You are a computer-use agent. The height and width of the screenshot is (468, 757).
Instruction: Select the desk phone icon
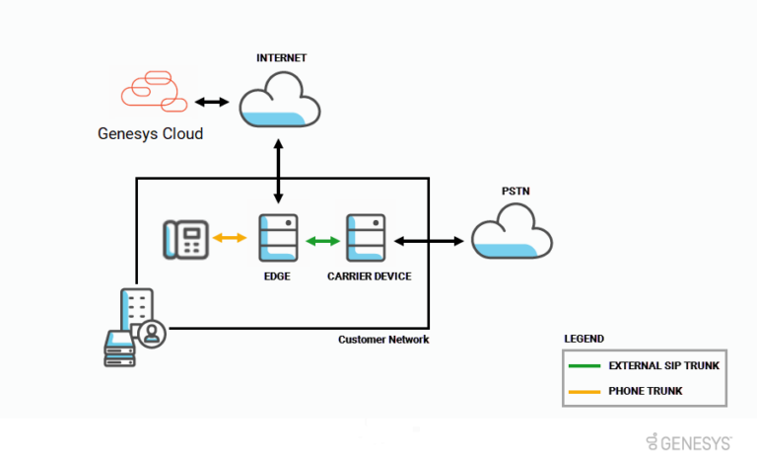pos(186,240)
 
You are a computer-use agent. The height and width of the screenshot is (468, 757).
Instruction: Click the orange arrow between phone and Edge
pos(231,238)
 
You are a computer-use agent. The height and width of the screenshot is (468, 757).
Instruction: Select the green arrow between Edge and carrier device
pos(319,240)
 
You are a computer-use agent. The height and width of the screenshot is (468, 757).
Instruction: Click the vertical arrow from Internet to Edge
pos(280,173)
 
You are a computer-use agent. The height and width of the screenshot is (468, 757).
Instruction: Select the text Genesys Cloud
pos(150,133)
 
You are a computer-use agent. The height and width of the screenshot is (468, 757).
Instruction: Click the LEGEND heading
pos(585,339)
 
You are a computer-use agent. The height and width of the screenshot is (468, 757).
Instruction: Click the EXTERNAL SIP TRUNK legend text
pos(663,365)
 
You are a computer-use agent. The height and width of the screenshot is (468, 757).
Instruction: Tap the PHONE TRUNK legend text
pos(646,392)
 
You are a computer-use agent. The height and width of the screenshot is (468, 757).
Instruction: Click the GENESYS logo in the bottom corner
pos(689,441)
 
